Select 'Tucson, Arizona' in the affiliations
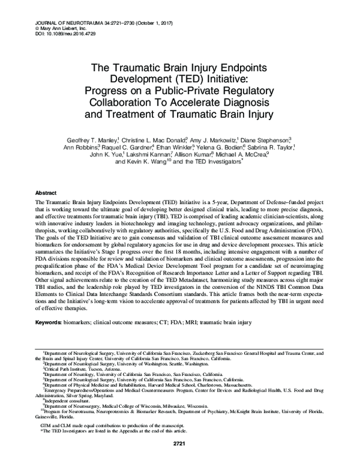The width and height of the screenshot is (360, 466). tap(103, 369)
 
